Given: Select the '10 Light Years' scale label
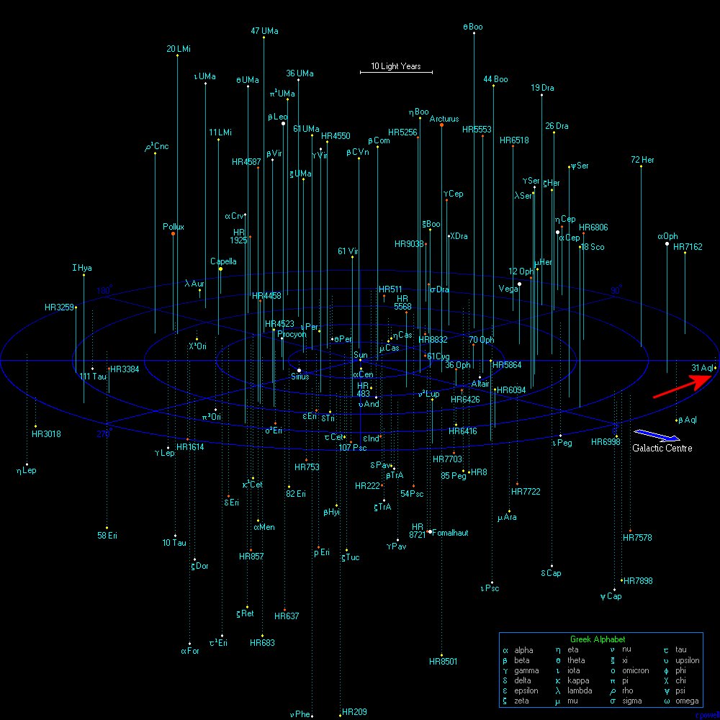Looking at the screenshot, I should pos(396,66).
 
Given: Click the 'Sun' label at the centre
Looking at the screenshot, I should pos(361,355).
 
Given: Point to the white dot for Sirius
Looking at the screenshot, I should pos(299,370).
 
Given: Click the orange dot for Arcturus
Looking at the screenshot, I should pos(441,125).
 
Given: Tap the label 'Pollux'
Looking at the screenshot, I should pos(174,227).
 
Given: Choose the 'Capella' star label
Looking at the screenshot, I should pos(223,261).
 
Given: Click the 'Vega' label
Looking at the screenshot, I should pos(508,289).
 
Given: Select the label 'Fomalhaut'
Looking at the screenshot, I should pos(451,533).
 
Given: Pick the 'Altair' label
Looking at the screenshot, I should pos(480,384).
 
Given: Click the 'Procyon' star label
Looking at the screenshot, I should pos(292,334).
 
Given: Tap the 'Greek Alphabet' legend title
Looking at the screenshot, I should pos(598,639).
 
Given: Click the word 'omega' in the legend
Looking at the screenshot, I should pos(687,701).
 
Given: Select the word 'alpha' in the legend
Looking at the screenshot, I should pos(523,650).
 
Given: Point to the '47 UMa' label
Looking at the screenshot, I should pos(264,31).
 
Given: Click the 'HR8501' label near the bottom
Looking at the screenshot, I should pos(443,661).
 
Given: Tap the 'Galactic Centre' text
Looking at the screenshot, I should pos(662,448).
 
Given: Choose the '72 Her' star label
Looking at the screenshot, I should pos(642,160).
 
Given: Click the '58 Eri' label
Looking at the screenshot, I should pos(107,535).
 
